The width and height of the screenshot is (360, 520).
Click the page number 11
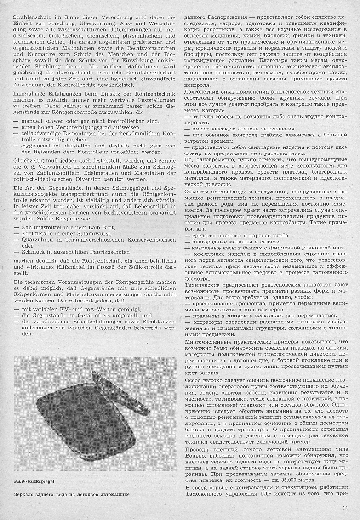pos(345,508)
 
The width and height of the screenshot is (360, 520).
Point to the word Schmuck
pos(34,252)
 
